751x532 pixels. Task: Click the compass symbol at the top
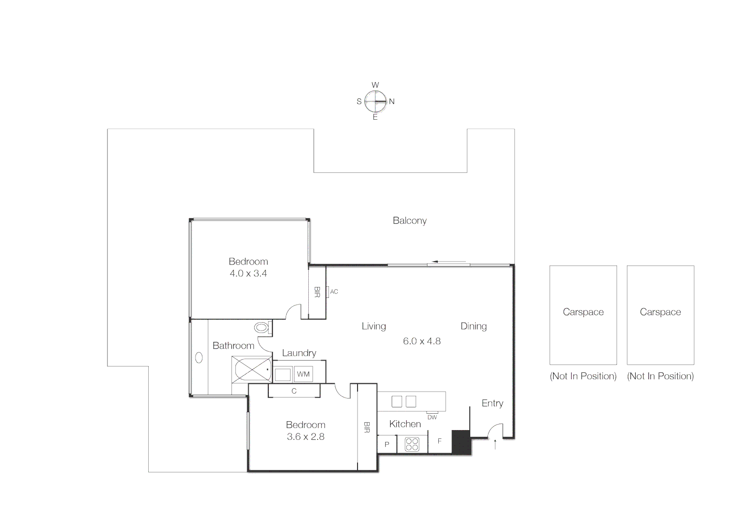point(375,101)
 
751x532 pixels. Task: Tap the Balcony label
point(409,221)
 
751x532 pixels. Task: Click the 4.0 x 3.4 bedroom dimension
point(248,273)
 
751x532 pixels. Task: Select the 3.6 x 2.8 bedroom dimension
point(305,436)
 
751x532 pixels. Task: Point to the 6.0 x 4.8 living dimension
point(422,341)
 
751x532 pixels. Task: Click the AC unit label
point(334,292)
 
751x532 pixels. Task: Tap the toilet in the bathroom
point(262,327)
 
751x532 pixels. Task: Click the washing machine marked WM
point(303,374)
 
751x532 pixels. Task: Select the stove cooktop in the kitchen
point(412,444)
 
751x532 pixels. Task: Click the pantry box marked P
point(387,444)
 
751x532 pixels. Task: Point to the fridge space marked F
point(440,441)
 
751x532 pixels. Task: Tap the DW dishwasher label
point(432,417)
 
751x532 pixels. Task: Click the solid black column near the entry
point(461,442)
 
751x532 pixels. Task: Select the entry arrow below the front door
point(495,444)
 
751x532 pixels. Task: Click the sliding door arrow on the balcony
point(449,262)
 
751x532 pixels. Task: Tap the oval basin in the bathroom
point(199,357)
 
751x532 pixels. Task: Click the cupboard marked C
point(294,391)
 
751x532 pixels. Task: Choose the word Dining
point(473,326)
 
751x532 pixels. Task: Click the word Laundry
point(299,353)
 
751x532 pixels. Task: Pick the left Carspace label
point(583,312)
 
